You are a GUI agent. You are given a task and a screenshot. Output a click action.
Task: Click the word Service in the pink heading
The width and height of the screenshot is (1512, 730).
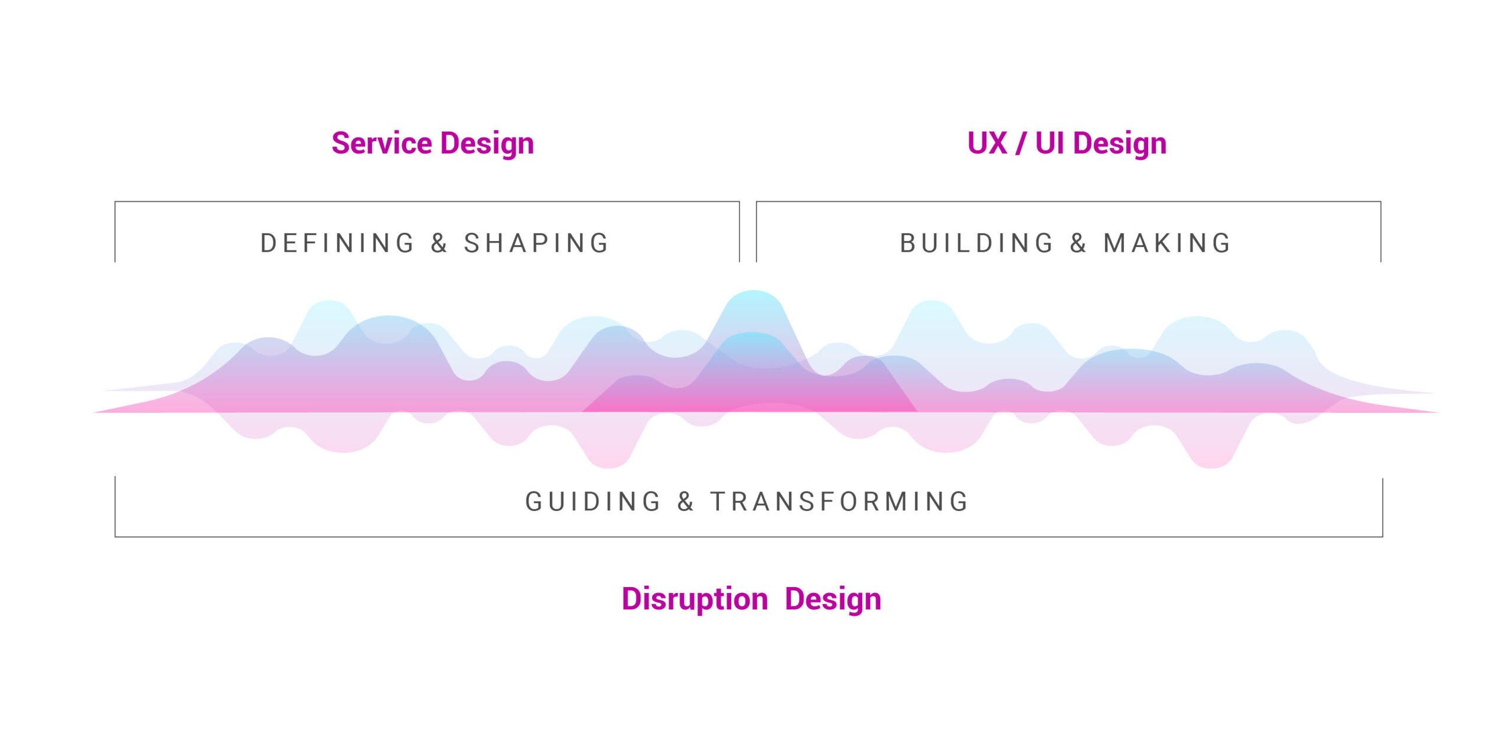382,143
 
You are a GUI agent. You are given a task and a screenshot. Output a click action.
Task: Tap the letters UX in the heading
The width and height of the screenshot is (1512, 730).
987,143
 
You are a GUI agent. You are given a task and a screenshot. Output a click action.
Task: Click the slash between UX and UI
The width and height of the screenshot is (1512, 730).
1021,144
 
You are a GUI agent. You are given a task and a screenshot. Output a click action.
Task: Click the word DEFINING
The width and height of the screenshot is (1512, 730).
337,243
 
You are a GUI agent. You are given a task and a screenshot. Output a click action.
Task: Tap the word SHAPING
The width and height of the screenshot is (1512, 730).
536,243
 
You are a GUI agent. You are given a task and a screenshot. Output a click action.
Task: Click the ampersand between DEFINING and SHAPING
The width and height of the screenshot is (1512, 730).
439,243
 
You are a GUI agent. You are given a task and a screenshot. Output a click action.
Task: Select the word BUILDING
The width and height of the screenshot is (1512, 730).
976,243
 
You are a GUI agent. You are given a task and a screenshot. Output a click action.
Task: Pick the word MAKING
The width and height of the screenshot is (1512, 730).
1167,243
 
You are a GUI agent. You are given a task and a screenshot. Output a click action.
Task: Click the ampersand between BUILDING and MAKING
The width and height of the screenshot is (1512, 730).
1078,243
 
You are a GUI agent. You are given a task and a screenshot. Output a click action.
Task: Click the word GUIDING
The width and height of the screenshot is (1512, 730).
592,501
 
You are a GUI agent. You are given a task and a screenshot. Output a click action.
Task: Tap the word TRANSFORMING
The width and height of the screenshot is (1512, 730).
839,501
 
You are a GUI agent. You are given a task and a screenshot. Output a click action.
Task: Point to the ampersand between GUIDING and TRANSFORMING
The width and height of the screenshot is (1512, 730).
685,501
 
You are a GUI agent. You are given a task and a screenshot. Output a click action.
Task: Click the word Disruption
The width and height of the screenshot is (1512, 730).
695,600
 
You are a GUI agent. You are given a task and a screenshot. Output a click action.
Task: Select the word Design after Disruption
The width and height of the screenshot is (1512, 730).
833,600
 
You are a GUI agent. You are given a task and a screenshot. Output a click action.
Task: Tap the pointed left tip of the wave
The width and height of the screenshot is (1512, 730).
94,412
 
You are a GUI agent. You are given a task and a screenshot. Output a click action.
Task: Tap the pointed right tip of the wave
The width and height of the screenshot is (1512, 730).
1438,412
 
